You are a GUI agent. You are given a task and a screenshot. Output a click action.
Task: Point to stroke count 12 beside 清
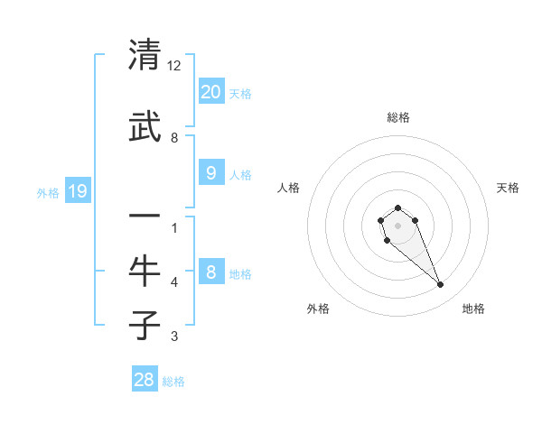[174, 66]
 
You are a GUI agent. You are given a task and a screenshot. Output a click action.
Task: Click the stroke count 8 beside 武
[174, 138]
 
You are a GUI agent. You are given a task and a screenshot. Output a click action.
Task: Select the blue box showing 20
[210, 91]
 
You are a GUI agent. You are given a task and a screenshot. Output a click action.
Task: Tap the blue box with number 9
[210, 173]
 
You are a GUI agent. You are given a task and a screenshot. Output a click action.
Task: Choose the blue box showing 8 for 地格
[210, 272]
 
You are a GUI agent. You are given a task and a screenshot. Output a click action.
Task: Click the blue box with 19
[77, 191]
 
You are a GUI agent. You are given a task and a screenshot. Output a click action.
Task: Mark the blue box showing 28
[145, 380]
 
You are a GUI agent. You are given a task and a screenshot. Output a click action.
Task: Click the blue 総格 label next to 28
[173, 382]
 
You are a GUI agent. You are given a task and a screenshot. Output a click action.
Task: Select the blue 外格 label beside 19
[48, 193]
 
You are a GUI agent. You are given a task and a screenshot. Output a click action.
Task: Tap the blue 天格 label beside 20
[239, 93]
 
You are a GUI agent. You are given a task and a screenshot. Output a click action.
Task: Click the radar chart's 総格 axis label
[398, 117]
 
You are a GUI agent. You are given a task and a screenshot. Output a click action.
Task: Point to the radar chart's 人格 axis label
[289, 188]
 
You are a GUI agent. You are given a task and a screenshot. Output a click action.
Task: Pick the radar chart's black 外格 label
[318, 309]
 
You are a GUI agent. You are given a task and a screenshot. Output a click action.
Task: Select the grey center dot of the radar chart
[397, 226]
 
